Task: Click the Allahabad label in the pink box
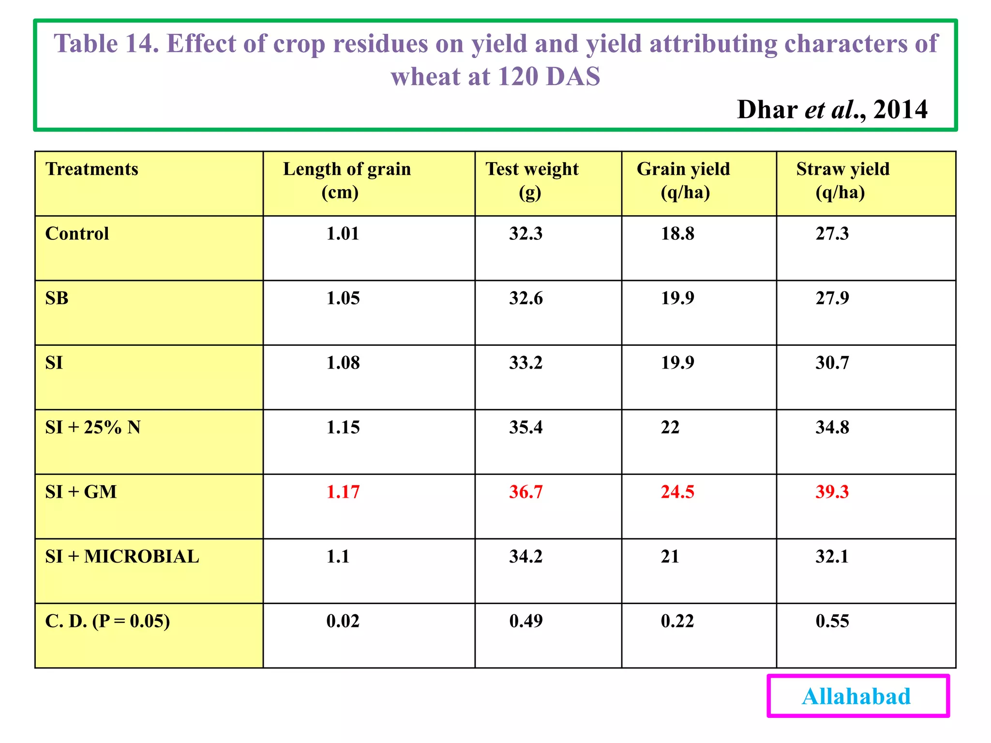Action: tap(856, 697)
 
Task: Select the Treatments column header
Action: tap(92, 169)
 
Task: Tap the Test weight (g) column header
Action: tap(532, 180)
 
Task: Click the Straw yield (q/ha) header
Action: tap(842, 180)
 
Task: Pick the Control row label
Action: tap(77, 234)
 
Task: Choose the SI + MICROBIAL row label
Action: tap(122, 557)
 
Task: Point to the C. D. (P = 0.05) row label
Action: tap(107, 621)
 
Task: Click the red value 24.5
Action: tap(677, 492)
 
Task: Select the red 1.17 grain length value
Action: tap(343, 492)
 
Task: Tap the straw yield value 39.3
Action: tap(832, 492)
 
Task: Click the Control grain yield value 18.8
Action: tap(677, 234)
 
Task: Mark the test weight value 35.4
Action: tap(526, 428)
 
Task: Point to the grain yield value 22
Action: tap(670, 428)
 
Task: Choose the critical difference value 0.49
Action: tap(526, 621)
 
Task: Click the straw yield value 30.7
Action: tap(832, 363)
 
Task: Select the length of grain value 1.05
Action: tap(343, 298)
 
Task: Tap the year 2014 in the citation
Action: tap(900, 110)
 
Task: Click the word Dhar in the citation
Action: tap(767, 110)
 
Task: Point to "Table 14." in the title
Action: tap(106, 44)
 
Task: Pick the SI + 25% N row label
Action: tap(93, 428)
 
